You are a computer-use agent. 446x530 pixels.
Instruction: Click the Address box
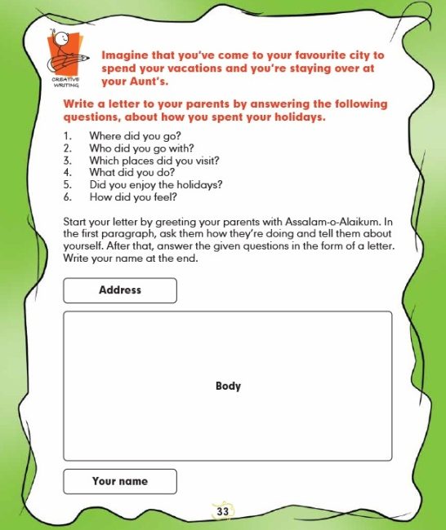[120, 290]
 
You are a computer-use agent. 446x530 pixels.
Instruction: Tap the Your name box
[120, 481]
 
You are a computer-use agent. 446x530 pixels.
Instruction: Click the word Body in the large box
[228, 386]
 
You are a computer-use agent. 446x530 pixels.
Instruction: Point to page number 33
[223, 511]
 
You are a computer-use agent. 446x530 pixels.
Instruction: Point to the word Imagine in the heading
[125, 55]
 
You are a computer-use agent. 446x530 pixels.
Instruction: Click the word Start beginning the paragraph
[75, 222]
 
